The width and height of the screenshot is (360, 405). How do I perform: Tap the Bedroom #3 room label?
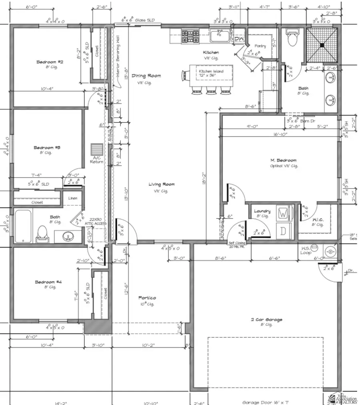pyautogui.click(x=47, y=148)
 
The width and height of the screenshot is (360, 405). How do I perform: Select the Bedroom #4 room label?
pyautogui.click(x=48, y=282)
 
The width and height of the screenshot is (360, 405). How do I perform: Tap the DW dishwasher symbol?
pyautogui.click(x=239, y=39)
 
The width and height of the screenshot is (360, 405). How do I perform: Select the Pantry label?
pyautogui.click(x=254, y=46)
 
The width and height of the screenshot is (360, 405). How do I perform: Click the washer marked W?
pyautogui.click(x=283, y=214)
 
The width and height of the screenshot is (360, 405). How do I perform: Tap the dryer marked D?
pyautogui.click(x=283, y=231)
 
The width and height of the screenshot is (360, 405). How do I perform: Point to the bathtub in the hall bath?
pyautogui.click(x=23, y=226)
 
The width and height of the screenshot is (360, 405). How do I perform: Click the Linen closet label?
pyautogui.click(x=73, y=198)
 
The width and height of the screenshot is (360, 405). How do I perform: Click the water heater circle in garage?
pyautogui.click(x=330, y=251)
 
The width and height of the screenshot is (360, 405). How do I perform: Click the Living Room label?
pyautogui.click(x=162, y=184)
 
